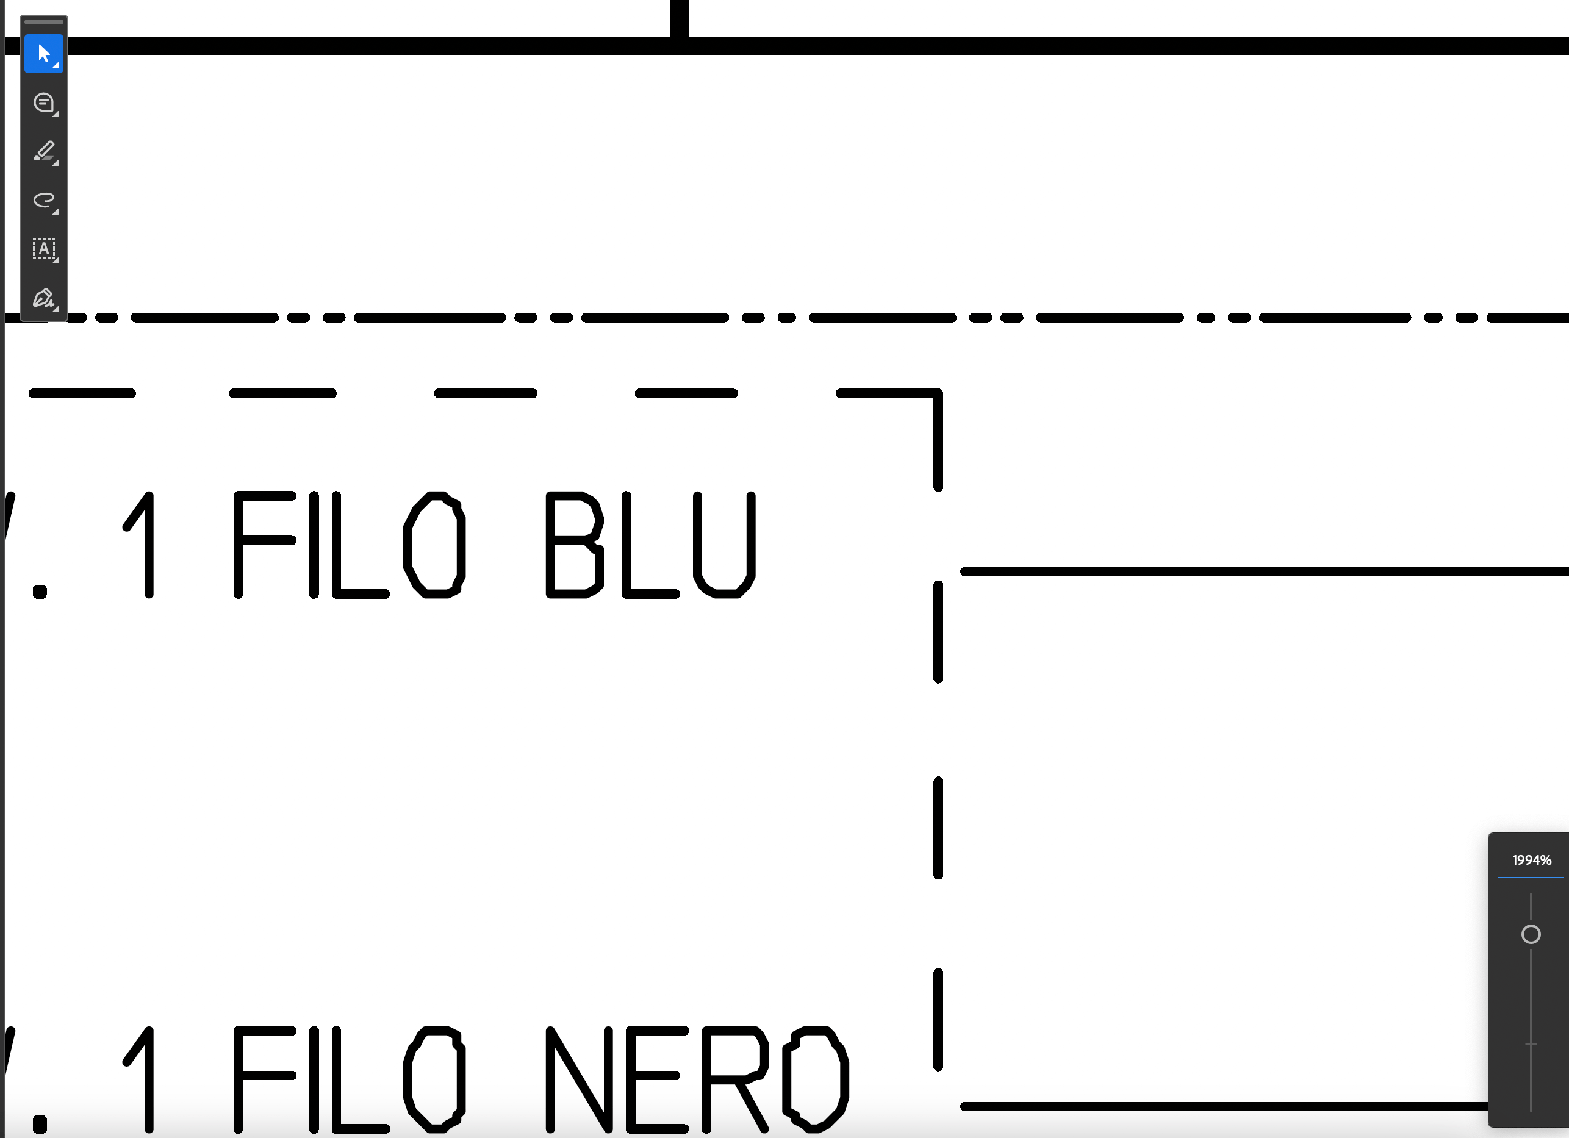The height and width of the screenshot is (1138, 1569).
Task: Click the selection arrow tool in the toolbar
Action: pos(43,53)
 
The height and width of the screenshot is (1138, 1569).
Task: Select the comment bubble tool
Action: pos(43,103)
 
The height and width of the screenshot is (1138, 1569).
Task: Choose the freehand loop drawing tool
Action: pos(43,201)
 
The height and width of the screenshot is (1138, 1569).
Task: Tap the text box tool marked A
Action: pos(43,249)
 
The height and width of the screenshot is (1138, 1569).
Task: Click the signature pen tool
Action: pos(43,298)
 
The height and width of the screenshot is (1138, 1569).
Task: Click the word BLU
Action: pos(650,545)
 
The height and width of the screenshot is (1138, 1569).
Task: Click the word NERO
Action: pos(697,1080)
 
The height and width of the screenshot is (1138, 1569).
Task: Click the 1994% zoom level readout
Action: pos(1532,861)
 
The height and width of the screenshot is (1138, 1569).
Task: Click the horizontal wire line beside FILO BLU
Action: pos(1265,571)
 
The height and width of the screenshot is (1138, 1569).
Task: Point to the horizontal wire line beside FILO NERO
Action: pos(1224,1107)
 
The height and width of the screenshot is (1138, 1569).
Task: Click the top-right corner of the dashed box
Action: pos(938,393)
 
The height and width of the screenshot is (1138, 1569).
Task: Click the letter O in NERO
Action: pos(816,1080)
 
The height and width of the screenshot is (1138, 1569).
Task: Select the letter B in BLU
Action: pos(574,545)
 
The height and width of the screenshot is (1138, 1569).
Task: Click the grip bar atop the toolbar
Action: pos(43,21)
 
